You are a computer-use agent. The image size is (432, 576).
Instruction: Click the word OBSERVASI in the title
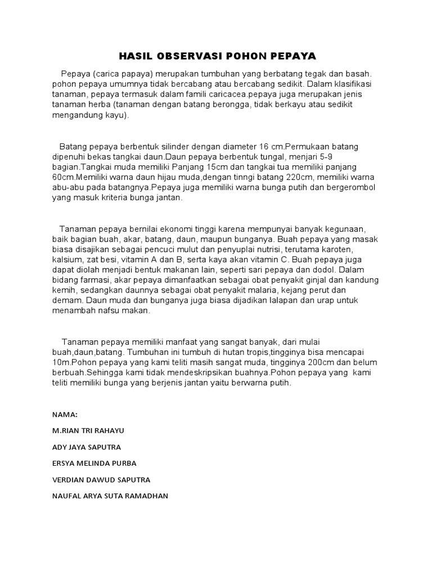tap(189, 56)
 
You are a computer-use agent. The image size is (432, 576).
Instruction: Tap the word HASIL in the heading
tap(136, 56)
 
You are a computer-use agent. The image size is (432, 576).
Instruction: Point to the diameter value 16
tap(265, 146)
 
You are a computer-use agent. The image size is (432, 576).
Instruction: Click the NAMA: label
tap(65, 415)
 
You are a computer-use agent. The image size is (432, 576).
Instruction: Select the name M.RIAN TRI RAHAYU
tap(88, 431)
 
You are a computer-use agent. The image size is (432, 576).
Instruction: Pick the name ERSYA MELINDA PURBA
tap(94, 463)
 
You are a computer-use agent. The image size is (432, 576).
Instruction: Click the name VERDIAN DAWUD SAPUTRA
tap(101, 480)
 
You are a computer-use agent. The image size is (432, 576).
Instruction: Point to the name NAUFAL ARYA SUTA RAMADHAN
tap(110, 496)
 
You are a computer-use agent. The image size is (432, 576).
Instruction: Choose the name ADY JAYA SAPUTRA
tap(87, 447)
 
